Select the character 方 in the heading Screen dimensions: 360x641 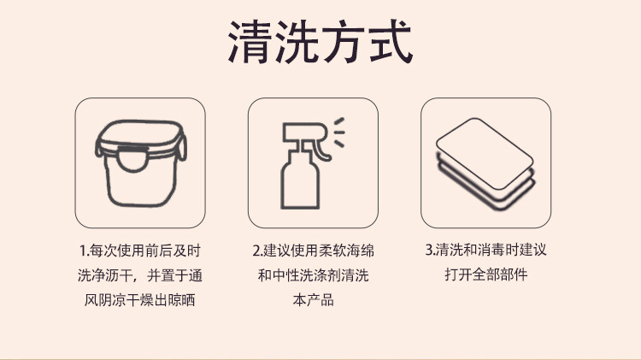pos(344,42)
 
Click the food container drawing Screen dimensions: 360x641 pos(140,162)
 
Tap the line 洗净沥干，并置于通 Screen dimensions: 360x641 pos(139,275)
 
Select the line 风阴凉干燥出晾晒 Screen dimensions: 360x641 pos(139,300)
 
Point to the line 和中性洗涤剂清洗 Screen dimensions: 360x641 pos(313,275)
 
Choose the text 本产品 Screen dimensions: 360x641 pos(313,300)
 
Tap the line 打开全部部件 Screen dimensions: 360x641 pos(485,275)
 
